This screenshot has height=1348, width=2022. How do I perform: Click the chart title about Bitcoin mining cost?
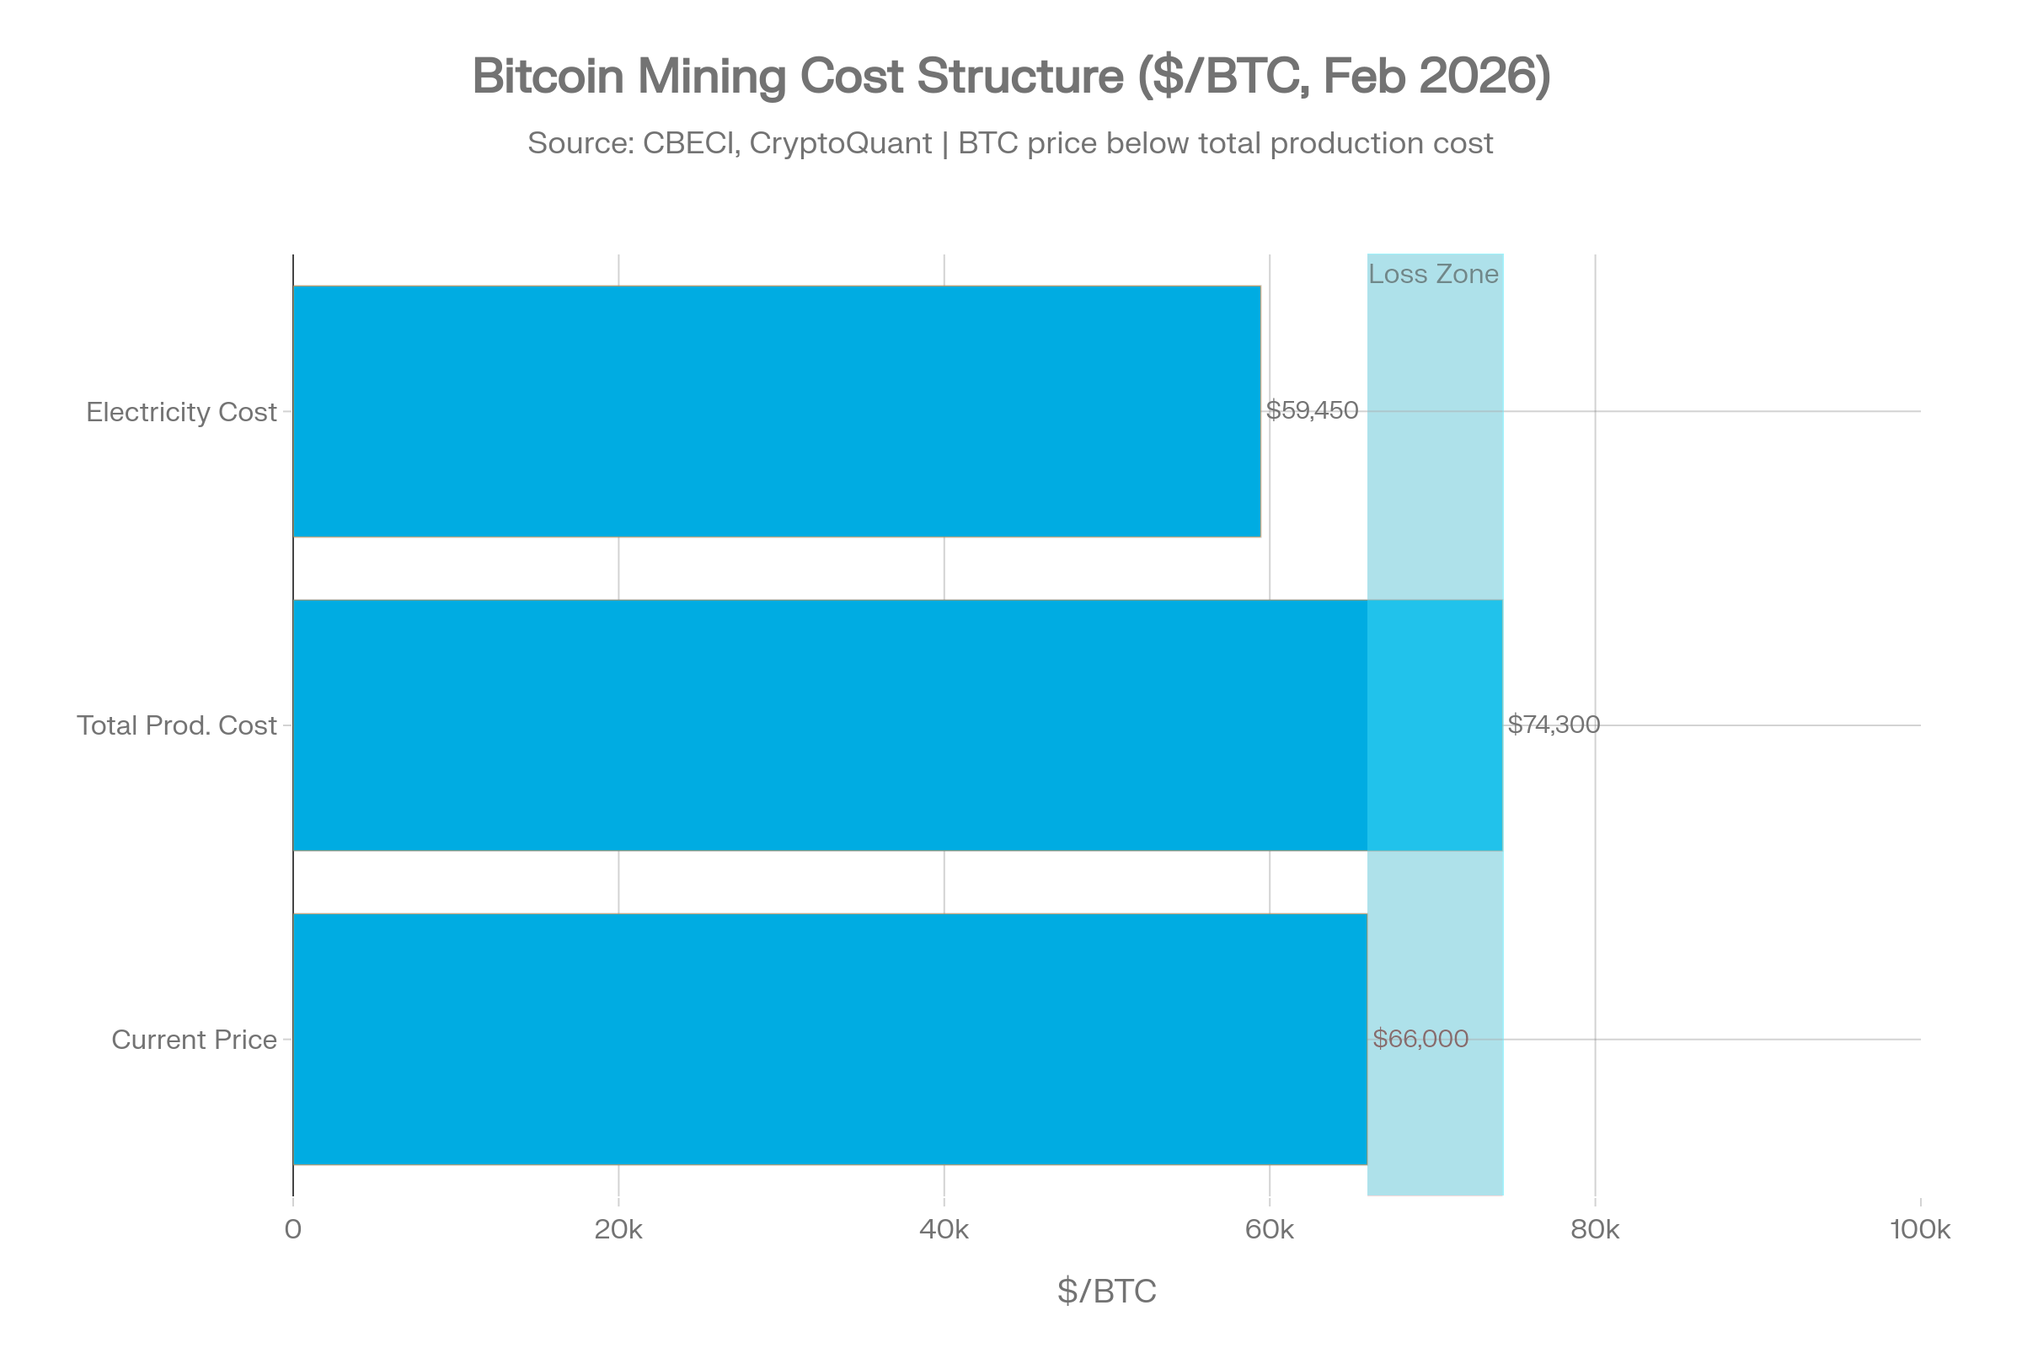(x=1011, y=76)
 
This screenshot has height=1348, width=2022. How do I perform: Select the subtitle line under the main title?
(x=1011, y=139)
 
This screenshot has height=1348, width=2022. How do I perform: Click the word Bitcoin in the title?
(x=548, y=76)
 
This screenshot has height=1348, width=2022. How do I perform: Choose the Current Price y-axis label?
(x=196, y=1039)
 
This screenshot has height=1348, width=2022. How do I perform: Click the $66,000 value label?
(x=1420, y=1039)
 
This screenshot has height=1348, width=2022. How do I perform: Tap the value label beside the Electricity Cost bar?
(x=1312, y=411)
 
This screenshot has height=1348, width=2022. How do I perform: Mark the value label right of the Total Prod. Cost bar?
(x=1554, y=725)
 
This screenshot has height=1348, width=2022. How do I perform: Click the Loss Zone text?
(x=1433, y=275)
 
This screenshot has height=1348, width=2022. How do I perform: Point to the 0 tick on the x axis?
(x=294, y=1226)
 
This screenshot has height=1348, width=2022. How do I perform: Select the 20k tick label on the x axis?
(x=618, y=1226)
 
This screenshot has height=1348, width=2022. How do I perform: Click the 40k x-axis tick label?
(x=944, y=1226)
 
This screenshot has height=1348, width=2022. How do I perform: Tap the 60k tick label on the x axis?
(x=1270, y=1226)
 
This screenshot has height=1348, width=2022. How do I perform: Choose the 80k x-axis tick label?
(x=1596, y=1226)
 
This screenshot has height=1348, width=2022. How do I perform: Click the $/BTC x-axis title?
(x=1107, y=1291)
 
